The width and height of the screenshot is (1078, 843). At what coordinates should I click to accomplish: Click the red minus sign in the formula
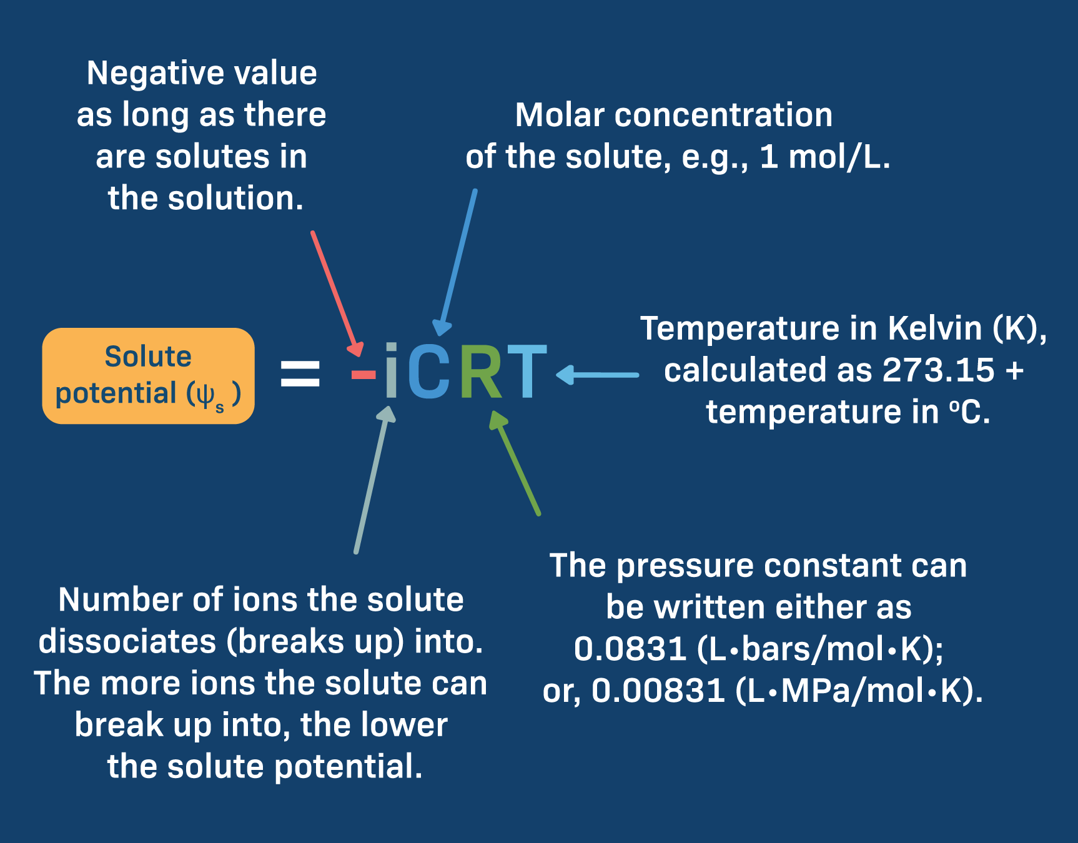click(x=363, y=375)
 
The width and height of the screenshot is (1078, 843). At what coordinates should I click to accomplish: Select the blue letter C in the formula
click(x=429, y=372)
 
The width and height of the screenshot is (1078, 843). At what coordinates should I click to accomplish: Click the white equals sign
click(x=300, y=373)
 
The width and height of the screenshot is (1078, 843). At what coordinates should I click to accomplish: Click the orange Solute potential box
click(x=148, y=375)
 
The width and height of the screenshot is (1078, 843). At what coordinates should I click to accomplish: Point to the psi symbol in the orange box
click(x=205, y=394)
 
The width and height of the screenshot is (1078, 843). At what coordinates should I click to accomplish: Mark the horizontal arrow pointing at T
click(x=596, y=375)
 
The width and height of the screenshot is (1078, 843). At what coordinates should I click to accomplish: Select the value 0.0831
click(x=630, y=649)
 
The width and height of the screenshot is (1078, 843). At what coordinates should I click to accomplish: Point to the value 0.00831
click(x=657, y=691)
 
